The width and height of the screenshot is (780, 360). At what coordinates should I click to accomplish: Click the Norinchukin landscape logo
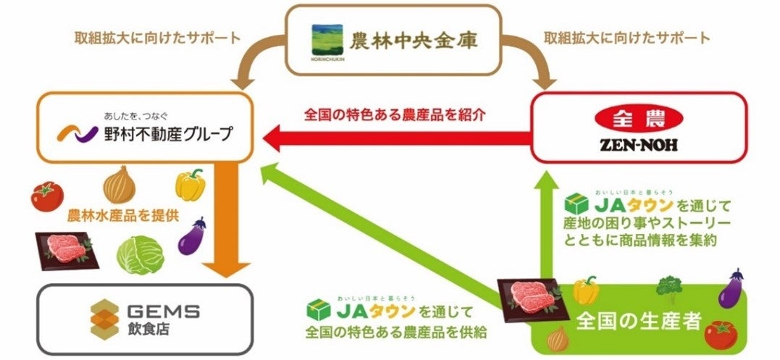point(324,40)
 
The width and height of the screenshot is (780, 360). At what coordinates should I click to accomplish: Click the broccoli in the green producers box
point(668,287)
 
